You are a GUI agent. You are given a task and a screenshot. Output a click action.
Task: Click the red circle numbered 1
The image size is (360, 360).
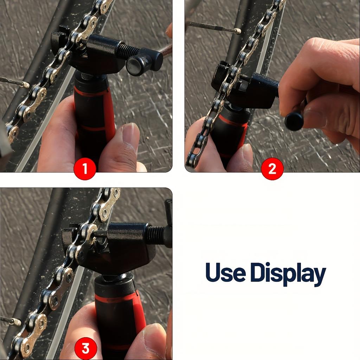point(85,169)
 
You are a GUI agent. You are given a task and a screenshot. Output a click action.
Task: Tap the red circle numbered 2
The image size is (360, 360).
point(272,169)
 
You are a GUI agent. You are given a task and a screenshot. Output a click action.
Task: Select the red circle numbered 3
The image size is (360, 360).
point(85,348)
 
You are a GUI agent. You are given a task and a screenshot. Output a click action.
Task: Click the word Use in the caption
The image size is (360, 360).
point(225,272)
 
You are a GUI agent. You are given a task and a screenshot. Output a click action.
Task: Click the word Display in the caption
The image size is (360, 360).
point(288,274)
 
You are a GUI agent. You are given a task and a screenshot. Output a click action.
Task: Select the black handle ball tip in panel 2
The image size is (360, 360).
point(294,121)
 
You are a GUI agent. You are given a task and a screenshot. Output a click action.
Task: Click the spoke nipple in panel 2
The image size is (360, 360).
point(237,31)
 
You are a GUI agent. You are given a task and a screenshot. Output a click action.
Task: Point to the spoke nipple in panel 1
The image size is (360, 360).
point(25,84)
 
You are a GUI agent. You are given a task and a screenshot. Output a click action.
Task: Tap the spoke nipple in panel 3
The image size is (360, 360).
point(16,321)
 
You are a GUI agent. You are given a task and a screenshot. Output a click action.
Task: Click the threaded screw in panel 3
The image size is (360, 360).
point(155,234)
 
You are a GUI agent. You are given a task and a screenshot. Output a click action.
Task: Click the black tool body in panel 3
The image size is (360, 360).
point(127,246)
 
